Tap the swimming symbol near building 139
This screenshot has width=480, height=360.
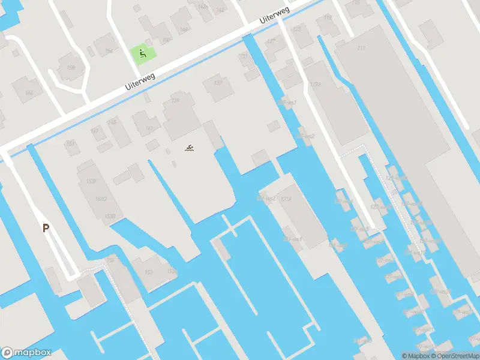click(x=190, y=147)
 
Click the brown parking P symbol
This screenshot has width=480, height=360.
click(x=46, y=227)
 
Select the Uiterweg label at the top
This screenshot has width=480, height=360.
click(x=275, y=16)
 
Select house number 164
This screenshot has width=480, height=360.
click(x=29, y=92)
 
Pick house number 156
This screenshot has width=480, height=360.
click(x=109, y=52)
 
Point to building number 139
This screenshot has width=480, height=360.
click(x=175, y=100)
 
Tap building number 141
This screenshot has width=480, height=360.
click(x=149, y=128)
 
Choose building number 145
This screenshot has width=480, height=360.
click(x=112, y=122)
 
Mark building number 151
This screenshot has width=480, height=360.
click(x=70, y=143)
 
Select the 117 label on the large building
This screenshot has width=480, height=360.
click(x=361, y=48)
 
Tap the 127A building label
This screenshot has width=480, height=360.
click(x=316, y=85)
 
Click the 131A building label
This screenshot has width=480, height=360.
click(x=286, y=199)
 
